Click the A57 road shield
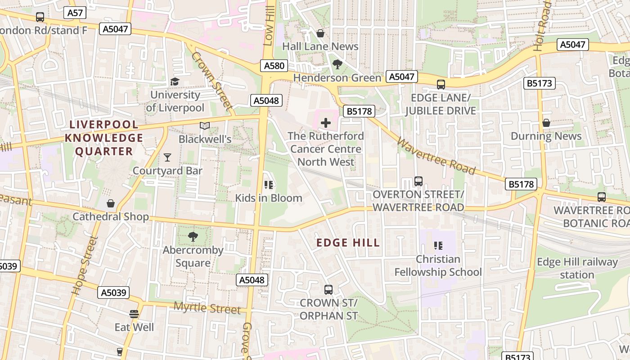(75, 13)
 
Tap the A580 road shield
(274, 66)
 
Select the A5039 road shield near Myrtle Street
(113, 292)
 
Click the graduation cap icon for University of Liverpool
(175, 81)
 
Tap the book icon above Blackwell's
(205, 126)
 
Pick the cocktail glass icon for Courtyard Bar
(167, 157)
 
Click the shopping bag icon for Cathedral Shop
(111, 203)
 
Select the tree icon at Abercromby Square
(193, 236)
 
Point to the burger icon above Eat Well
(134, 314)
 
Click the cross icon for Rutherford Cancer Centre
(325, 122)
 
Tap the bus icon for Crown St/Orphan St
(328, 289)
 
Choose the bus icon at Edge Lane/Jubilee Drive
(441, 84)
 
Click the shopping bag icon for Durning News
(546, 123)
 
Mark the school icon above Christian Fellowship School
(438, 246)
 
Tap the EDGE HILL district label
(348, 243)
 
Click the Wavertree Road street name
(436, 156)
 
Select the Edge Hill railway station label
(577, 268)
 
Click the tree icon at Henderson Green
(337, 64)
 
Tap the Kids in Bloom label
(269, 198)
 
